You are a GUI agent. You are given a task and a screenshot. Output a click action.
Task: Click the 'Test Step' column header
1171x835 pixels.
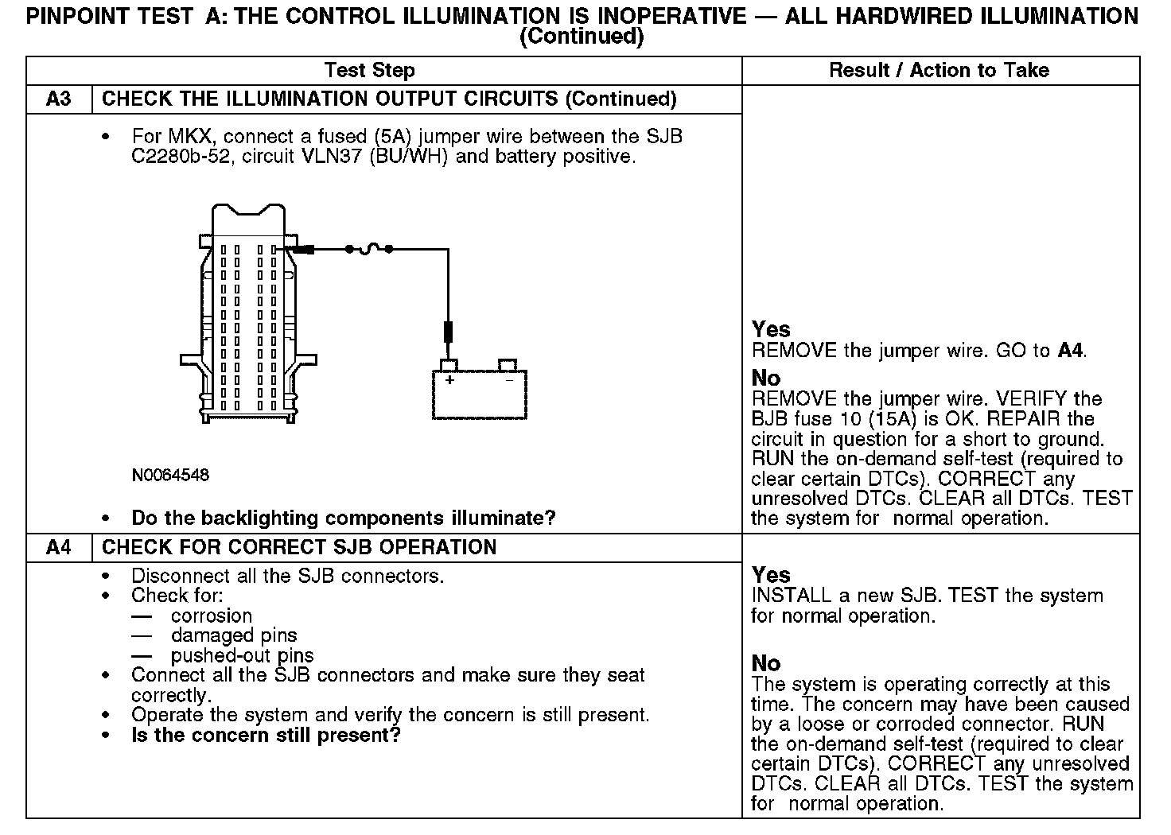pos(370,70)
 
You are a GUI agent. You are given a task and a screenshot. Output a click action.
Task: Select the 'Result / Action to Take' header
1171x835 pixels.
pos(939,70)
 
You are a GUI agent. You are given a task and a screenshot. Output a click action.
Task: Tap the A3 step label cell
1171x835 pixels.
pos(59,99)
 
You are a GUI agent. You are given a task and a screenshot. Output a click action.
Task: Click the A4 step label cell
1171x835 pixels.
pos(59,547)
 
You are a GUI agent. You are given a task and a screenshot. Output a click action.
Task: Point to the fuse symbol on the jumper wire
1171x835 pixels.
pos(369,249)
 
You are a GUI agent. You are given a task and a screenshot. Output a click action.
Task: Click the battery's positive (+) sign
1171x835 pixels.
pos(449,380)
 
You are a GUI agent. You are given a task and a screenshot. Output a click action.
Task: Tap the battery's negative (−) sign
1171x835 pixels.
pos(509,380)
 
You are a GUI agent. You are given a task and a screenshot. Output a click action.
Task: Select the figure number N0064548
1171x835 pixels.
pos(170,475)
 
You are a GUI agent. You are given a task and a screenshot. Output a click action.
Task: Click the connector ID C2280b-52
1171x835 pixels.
pos(181,156)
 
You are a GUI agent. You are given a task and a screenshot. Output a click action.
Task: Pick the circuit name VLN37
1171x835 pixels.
pos(331,156)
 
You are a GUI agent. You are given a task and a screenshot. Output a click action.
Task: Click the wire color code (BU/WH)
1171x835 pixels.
pos(409,156)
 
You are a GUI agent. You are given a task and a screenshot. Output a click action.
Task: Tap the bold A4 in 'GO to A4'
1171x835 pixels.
pos(1071,350)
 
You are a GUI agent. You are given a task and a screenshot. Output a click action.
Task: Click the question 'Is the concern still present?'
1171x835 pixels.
pos(266,735)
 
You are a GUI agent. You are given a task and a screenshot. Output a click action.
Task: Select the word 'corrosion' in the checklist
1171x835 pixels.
pos(212,616)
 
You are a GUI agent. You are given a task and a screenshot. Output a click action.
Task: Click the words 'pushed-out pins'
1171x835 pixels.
pos(243,655)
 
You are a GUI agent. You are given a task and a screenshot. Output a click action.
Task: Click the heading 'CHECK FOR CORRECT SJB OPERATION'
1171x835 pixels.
pos(299,547)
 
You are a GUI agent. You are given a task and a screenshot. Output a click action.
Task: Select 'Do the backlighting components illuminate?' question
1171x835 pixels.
pos(344,518)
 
